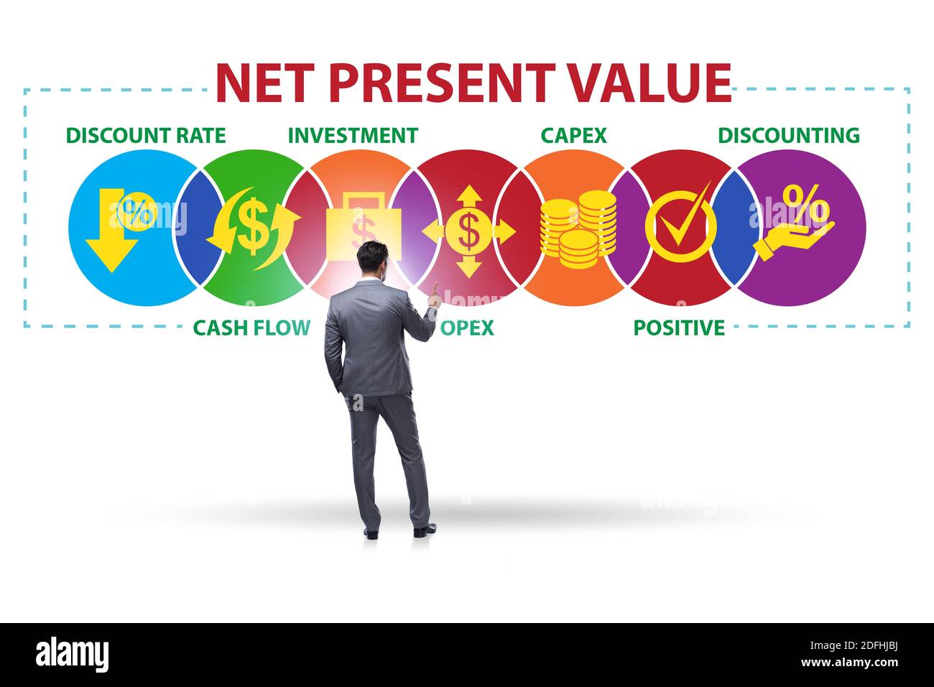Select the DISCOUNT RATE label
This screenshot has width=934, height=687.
click(x=146, y=135)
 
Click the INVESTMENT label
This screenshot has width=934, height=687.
click(x=353, y=135)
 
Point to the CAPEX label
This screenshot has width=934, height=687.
click(x=573, y=135)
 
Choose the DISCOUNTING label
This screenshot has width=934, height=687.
click(x=789, y=135)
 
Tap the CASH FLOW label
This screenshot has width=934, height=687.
click(x=251, y=328)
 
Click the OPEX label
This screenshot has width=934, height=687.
click(x=468, y=328)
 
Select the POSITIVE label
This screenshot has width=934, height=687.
click(x=679, y=328)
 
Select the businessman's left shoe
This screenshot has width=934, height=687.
click(x=371, y=532)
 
